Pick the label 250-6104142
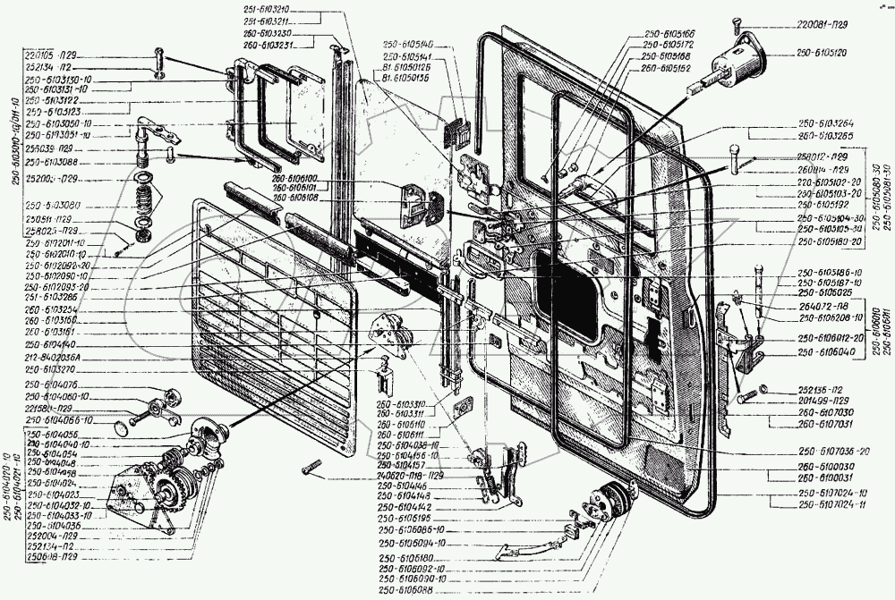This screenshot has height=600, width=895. (x=410, y=506)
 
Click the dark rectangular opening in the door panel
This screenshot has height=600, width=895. (x=571, y=295)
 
